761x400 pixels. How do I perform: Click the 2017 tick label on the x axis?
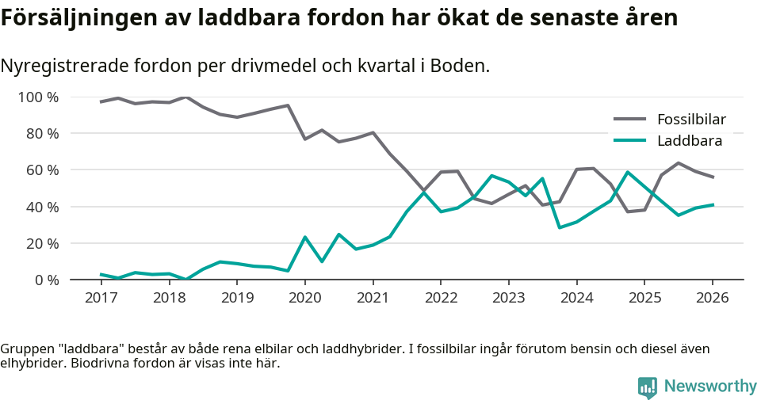[x=101, y=298]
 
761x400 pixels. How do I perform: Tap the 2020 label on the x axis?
[x=304, y=298]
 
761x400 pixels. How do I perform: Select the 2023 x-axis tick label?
[x=508, y=298]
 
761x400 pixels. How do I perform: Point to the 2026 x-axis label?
[x=712, y=298]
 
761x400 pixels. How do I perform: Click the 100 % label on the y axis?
[x=38, y=97]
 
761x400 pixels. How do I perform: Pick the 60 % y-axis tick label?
[x=42, y=170]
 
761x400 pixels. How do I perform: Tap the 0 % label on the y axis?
[x=46, y=280]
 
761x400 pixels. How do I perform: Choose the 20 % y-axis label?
[x=42, y=243]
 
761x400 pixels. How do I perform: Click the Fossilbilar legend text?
[x=691, y=120]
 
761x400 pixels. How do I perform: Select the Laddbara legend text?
[x=689, y=141]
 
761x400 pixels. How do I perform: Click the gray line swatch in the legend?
[x=630, y=120]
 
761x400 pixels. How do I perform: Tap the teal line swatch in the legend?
[x=630, y=141]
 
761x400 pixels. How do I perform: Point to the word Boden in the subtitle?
[x=459, y=66]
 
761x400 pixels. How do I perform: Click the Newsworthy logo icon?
[x=647, y=387]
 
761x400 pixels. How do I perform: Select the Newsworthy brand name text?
[x=710, y=387]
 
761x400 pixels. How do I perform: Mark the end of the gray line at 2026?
[x=713, y=177]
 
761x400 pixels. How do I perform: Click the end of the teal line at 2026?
[x=713, y=204]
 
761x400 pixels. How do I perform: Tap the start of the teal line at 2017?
[x=101, y=274]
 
